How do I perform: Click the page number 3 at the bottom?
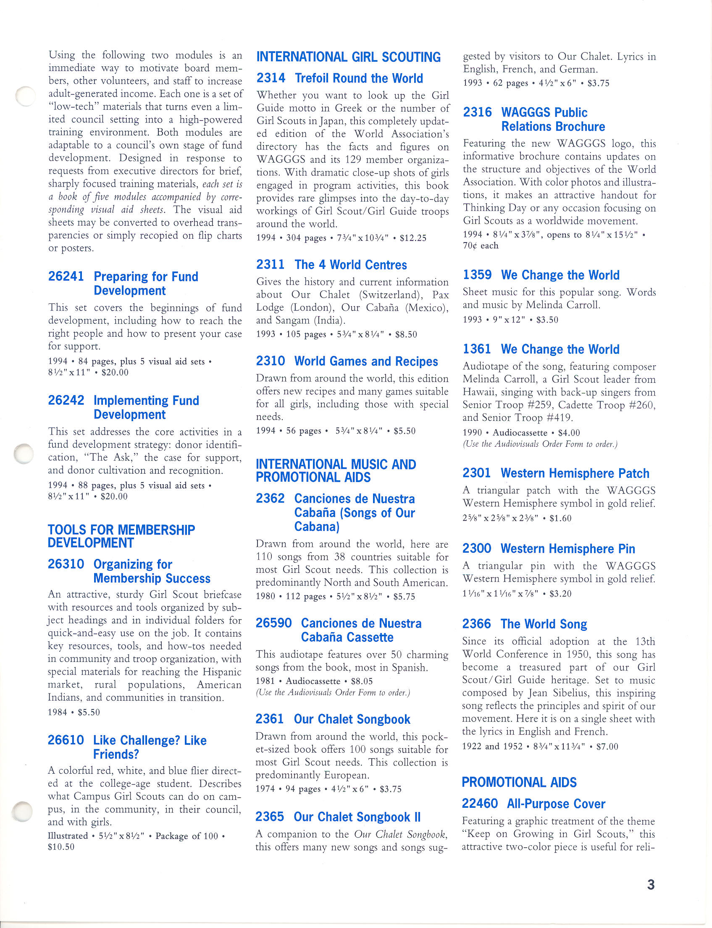pos(651,884)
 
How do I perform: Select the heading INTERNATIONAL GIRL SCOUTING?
pos(348,57)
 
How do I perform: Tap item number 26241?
pos(66,277)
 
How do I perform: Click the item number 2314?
pos(271,78)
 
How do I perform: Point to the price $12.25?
pos(413,238)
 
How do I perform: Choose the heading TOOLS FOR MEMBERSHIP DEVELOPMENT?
pos(121,536)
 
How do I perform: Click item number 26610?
pos(66,740)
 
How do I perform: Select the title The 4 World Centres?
pos(350,265)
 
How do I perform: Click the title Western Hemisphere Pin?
pos(567,548)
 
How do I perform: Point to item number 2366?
pos(476,624)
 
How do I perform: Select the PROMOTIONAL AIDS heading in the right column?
pos(519,782)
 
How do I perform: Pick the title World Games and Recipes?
pos(366,361)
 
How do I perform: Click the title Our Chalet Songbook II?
pos(357,817)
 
